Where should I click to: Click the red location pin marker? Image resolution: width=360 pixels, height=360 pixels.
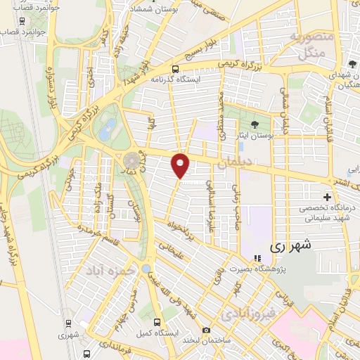(181, 166)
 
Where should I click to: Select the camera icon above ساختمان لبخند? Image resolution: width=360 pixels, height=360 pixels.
(205, 330)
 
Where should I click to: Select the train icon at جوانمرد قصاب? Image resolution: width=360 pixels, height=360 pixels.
(23, 21)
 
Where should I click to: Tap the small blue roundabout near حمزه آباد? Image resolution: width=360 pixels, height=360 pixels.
(145, 269)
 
